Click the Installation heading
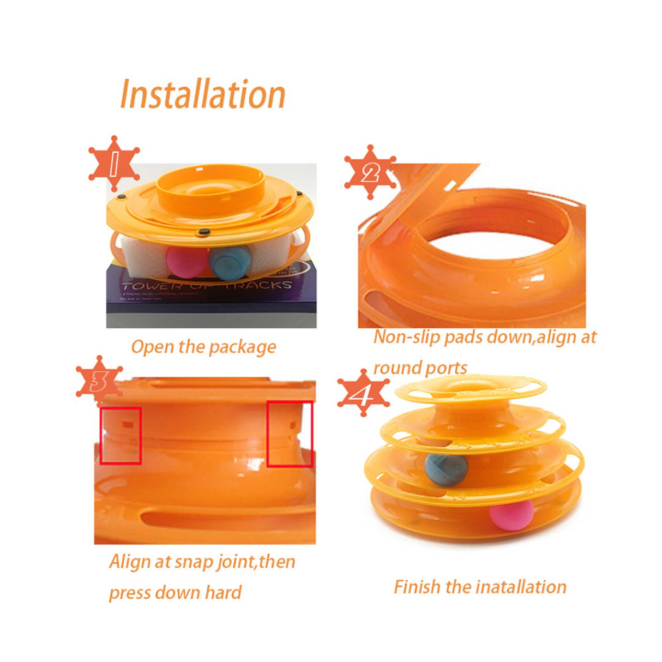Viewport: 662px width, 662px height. click(x=202, y=94)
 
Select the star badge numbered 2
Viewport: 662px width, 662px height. click(x=370, y=173)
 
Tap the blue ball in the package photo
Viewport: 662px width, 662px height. click(x=230, y=261)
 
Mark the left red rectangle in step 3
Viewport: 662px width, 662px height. click(x=121, y=435)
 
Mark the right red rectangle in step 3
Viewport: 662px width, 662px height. click(x=290, y=434)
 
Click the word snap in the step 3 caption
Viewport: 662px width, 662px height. click(x=197, y=562)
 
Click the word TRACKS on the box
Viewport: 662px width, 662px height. click(x=259, y=285)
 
